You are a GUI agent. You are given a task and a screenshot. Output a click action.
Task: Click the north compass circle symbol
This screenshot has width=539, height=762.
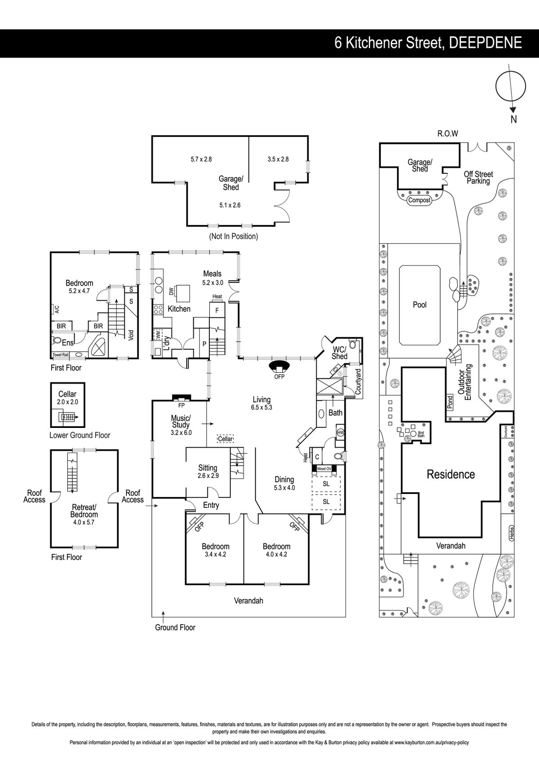pos(496,86)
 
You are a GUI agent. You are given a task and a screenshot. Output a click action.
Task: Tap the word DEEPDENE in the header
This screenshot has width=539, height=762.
pos(486,43)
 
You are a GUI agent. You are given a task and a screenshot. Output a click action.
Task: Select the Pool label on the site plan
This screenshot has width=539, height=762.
pos(420,305)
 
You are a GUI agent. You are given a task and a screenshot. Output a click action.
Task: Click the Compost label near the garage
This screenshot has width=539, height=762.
pos(419,200)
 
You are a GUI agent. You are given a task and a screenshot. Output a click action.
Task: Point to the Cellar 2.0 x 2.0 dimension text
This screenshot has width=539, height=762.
pos(67,402)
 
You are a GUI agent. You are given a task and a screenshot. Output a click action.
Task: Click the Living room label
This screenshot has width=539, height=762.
pos(261,400)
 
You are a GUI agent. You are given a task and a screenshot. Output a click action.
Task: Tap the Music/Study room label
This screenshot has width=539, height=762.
pos(181,421)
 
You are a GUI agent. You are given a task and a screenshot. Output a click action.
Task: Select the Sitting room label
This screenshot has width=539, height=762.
pos(208,468)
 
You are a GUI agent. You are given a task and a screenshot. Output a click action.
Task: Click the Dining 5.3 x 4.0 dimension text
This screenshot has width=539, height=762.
pos(284,488)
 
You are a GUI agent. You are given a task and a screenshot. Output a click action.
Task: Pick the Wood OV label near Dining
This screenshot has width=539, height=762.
pos(324,469)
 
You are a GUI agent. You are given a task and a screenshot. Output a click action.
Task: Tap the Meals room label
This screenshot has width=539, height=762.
pos(212,273)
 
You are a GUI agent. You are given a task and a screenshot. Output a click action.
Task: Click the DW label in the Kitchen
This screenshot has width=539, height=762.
pos(171,291)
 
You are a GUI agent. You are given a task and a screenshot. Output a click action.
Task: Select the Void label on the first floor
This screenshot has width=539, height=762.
pos(131,335)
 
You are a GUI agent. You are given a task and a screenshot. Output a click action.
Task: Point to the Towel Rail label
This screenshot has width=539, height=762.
pos(61,355)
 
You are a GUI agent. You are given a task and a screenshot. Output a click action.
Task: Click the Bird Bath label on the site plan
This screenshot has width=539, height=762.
pos(421,434)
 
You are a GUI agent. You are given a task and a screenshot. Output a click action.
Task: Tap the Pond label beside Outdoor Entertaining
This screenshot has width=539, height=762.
pos(450,401)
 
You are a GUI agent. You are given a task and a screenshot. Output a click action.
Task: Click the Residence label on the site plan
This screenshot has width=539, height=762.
pos(451,474)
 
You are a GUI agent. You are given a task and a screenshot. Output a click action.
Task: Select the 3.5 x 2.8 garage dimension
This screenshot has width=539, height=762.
pos(278,159)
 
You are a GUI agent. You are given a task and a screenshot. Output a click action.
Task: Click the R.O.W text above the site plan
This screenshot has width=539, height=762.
pos(448,134)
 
